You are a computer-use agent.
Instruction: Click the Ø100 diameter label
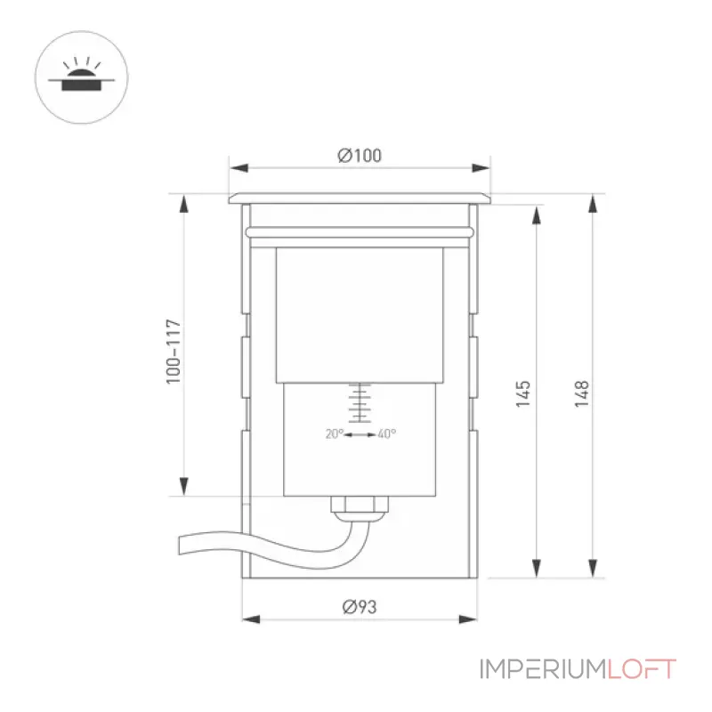tap(360, 155)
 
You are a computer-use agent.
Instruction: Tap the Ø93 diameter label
tap(360, 607)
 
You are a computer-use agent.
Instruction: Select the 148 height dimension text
tap(582, 393)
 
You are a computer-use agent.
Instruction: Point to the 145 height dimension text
tap(523, 393)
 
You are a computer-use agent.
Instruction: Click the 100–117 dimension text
tap(174, 352)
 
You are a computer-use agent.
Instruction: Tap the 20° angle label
tap(335, 434)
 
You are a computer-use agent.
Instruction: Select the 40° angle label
tap(387, 434)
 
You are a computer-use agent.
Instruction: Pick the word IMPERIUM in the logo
tap(543, 669)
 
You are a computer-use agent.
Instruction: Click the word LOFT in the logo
tap(642, 669)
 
